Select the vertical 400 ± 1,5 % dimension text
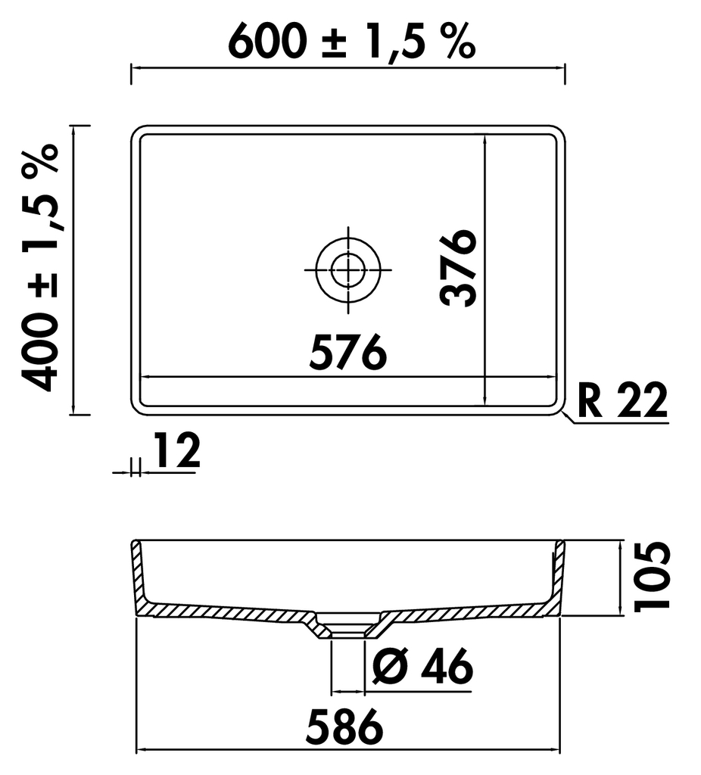tap(41, 267)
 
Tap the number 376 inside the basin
tap(458, 267)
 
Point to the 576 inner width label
tap(347, 351)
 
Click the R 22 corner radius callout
tap(622, 400)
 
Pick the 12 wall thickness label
tap(177, 450)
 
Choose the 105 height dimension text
tap(652, 577)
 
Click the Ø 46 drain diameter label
tap(422, 666)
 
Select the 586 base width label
tap(344, 727)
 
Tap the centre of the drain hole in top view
tap(348, 270)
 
